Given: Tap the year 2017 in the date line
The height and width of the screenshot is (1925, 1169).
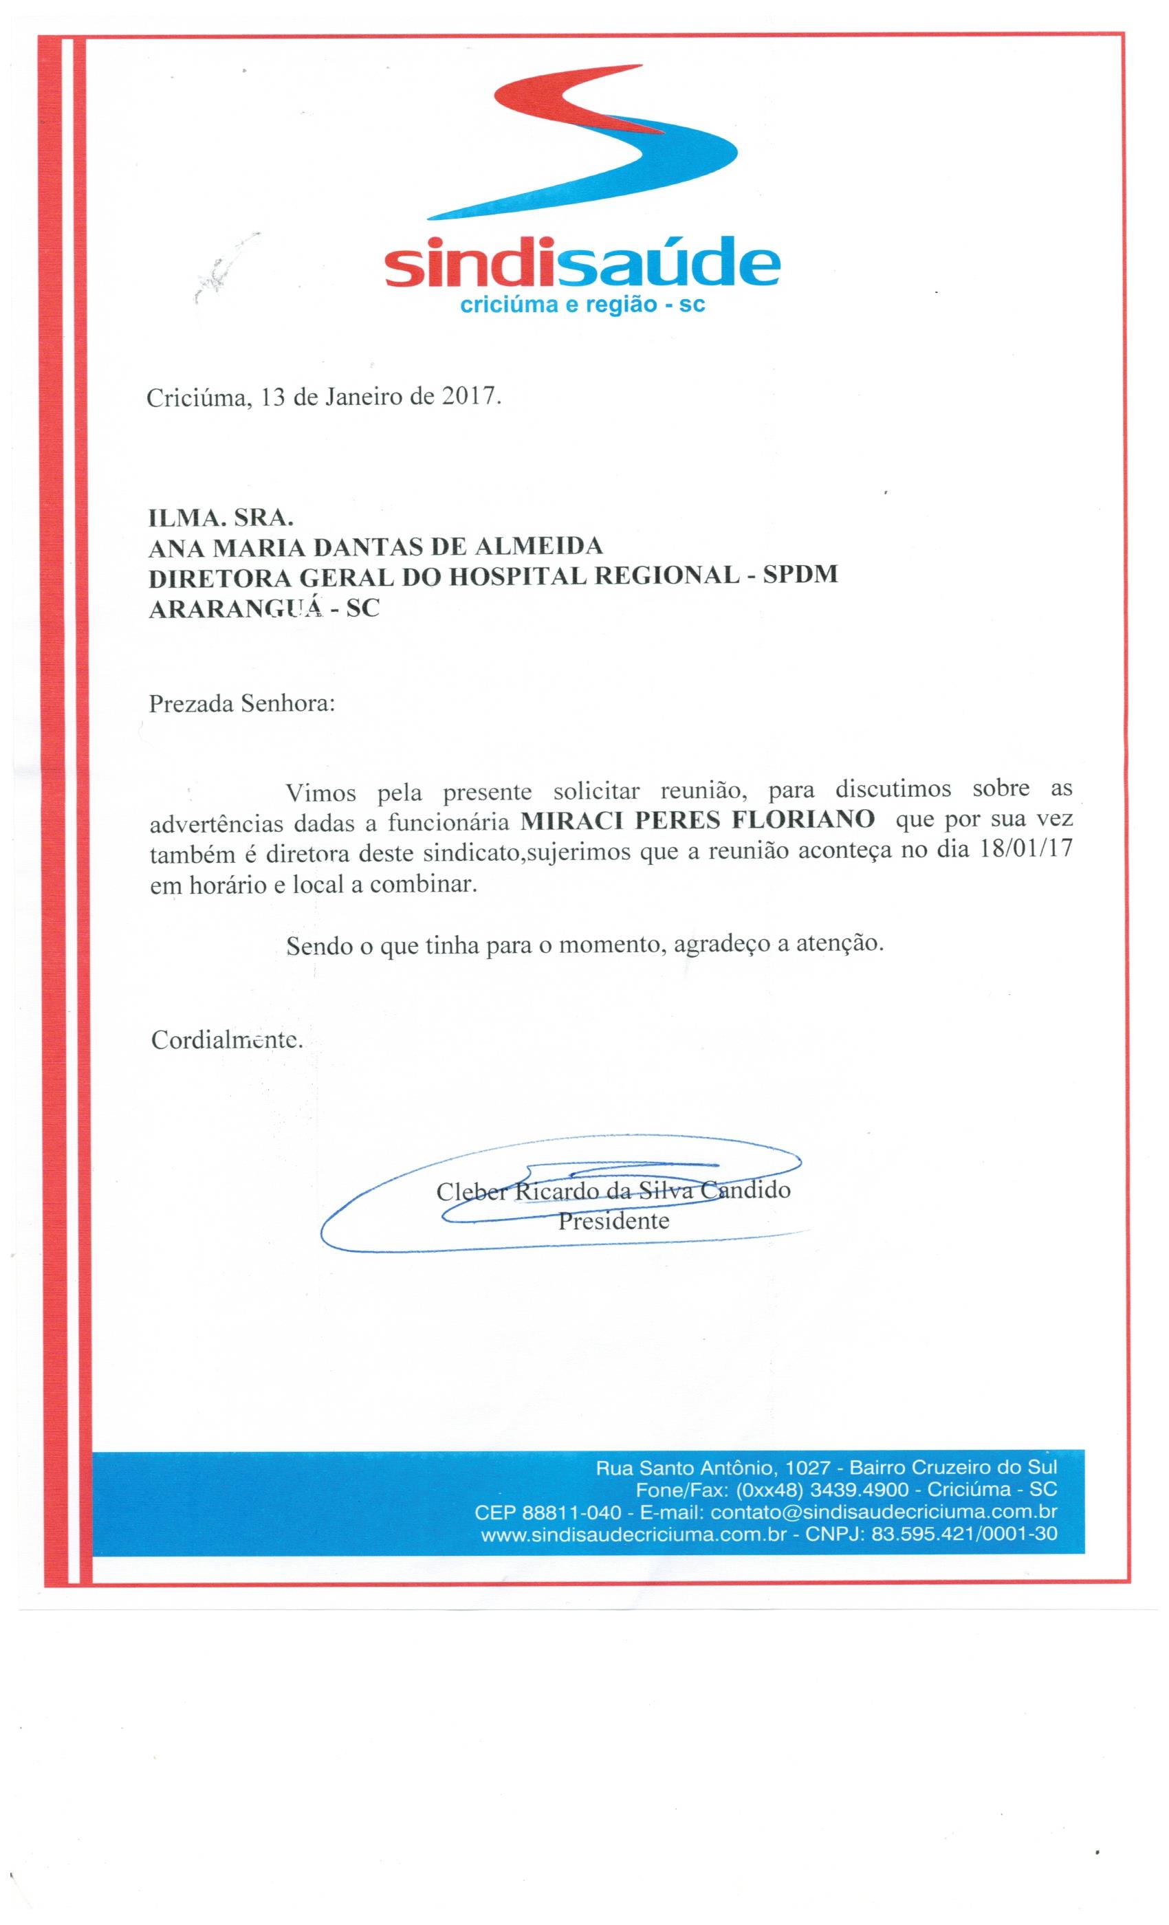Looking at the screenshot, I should (469, 397).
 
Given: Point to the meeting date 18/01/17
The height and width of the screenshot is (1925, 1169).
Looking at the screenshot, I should (1025, 850).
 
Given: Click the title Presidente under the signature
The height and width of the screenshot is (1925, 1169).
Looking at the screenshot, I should (613, 1220).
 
